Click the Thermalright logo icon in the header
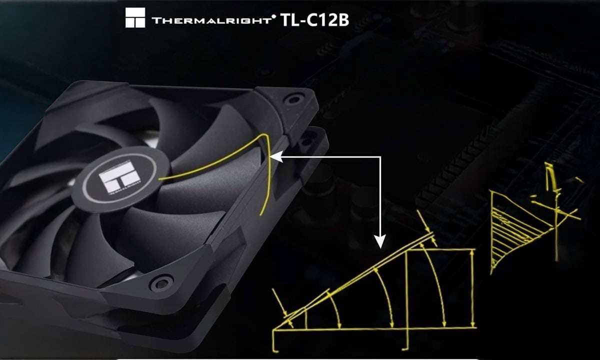(134, 17)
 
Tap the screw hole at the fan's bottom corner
(161, 283)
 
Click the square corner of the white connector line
(380, 157)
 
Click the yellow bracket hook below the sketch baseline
(407, 340)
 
